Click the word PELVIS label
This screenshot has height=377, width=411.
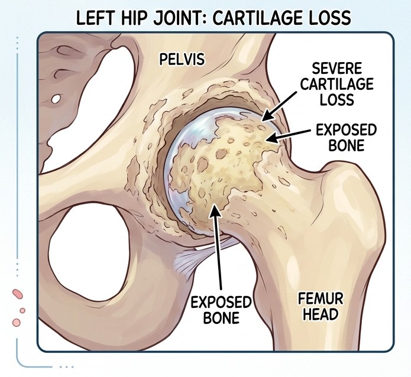tap(182, 59)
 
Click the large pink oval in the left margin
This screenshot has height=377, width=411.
tap(18, 293)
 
